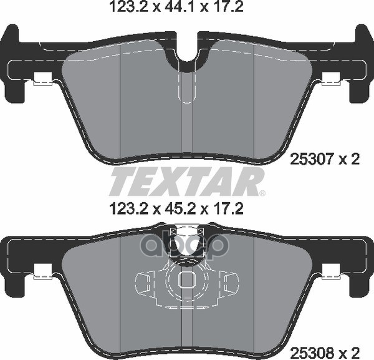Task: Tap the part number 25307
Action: pos(308,160)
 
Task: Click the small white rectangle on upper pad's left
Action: pos(42,79)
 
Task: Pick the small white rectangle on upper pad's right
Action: pos(332,79)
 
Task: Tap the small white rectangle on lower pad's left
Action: pos(42,271)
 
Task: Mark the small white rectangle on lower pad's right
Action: pos(332,271)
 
